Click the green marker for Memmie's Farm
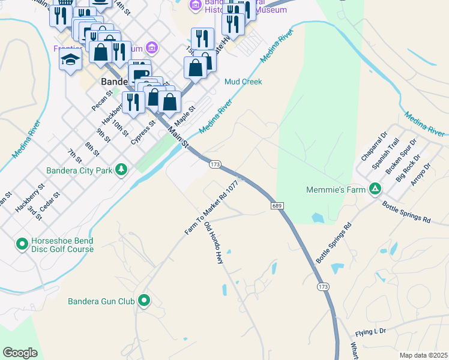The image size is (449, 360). (x=375, y=190)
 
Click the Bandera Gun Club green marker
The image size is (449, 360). (x=144, y=301)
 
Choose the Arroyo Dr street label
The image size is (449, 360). (x=421, y=175)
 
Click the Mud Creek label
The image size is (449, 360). (x=243, y=82)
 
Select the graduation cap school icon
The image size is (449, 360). (x=70, y=60)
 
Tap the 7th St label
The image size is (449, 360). (x=74, y=156)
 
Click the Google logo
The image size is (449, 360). (x=20, y=353)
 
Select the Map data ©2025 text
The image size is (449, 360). (x=423, y=355)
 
